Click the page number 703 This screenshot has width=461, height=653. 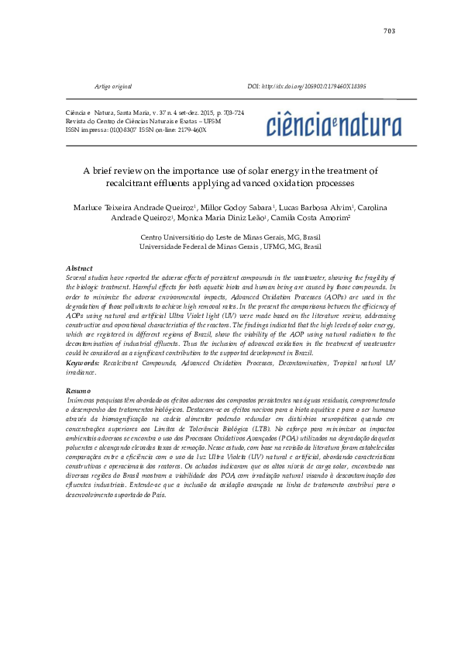[x=389, y=31]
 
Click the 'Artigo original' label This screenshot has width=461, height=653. [x=112, y=86]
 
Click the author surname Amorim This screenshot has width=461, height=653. [x=333, y=220]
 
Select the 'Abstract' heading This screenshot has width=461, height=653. [x=80, y=268]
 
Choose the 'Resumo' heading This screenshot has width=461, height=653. [x=79, y=391]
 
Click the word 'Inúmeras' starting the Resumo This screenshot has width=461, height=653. [x=84, y=399]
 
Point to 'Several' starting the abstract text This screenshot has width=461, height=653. [x=78, y=277]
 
